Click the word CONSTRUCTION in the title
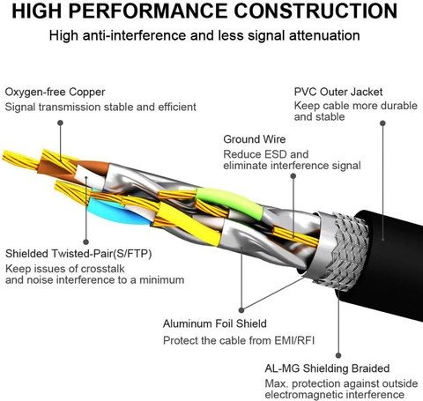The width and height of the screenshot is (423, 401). [315, 11]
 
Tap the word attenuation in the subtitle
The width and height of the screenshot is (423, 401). [324, 35]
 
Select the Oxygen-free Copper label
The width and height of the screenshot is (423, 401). [55, 93]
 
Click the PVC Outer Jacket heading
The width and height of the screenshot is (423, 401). [338, 92]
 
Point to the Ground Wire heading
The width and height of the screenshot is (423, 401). [255, 139]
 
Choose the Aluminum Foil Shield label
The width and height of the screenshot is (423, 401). [215, 323]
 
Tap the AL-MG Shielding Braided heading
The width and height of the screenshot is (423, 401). [327, 368]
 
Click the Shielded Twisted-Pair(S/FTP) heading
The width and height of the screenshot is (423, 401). [78, 254]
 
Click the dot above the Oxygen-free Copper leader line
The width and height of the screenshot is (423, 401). [60, 123]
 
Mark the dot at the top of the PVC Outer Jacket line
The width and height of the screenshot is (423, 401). [382, 123]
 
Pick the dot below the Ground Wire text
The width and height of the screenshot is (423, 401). [293, 176]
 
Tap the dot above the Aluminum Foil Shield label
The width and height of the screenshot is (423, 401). [241, 310]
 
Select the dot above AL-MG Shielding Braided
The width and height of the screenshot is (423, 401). [338, 355]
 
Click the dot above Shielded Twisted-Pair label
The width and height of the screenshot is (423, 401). [85, 241]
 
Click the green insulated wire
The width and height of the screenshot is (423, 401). [229, 202]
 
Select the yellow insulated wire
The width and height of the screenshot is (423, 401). [188, 223]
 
